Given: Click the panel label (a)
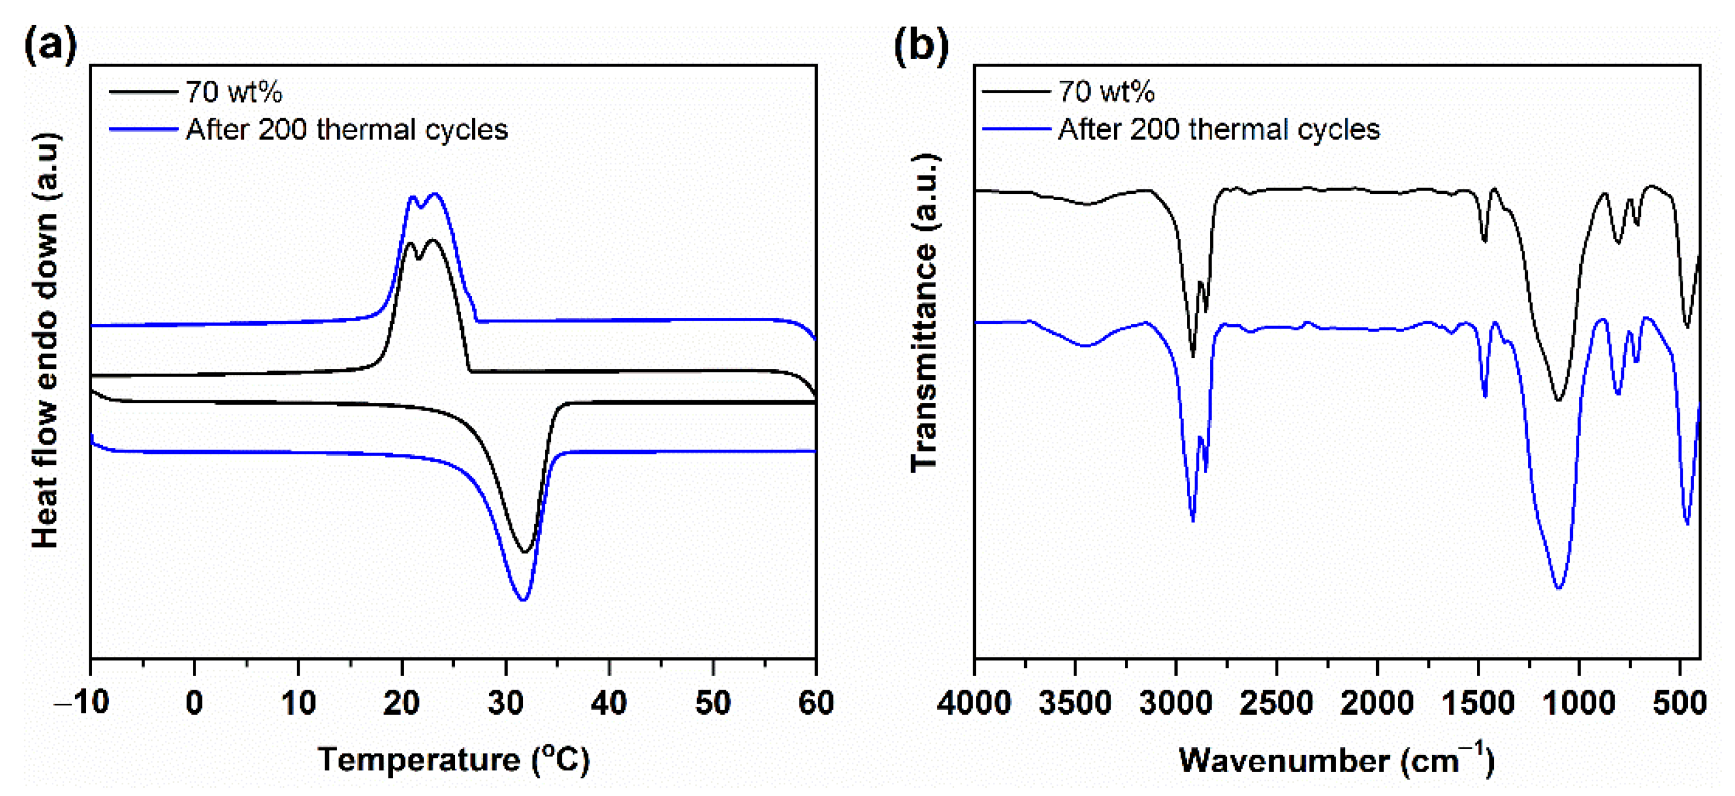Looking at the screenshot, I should [x=51, y=46].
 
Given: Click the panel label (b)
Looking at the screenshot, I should [x=921, y=46].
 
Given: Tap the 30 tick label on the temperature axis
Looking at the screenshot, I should [x=505, y=702].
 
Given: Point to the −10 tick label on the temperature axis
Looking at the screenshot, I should [x=81, y=702].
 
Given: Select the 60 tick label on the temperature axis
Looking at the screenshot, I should [x=815, y=702].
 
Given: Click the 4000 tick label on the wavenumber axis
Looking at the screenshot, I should [x=974, y=702].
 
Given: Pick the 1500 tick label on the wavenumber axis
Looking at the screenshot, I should [x=1478, y=702].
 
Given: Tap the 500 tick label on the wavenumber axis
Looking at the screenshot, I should [x=1679, y=702].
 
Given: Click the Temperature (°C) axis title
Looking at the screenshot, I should [x=453, y=760].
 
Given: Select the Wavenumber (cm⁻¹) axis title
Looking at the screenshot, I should [x=1336, y=760].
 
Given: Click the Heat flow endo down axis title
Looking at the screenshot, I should [x=46, y=340].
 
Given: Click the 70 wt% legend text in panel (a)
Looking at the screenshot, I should [x=233, y=92].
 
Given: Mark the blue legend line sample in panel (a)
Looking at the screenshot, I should [x=143, y=128].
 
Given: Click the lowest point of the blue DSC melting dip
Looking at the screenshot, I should [x=523, y=599].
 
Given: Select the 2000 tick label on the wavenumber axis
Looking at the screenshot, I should [x=1377, y=702].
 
